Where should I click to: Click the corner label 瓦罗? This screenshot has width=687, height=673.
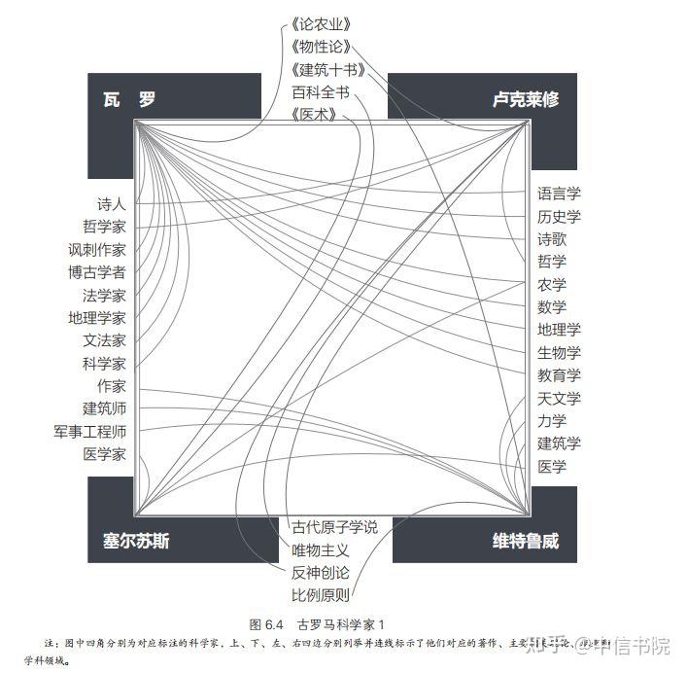tap(129, 99)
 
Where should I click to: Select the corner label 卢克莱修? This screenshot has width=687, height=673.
tap(525, 99)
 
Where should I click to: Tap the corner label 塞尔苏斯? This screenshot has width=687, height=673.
tap(136, 541)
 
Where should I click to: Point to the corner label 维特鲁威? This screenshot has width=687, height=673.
tap(525, 541)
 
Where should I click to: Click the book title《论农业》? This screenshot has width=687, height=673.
tap(320, 24)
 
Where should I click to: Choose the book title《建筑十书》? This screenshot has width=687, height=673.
tap(326, 70)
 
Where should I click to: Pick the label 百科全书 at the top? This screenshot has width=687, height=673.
tap(320, 92)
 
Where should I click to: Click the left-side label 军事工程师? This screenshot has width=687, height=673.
tap(89, 431)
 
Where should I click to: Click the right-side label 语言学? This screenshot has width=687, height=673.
tap(559, 194)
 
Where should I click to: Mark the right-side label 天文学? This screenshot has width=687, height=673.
tap(559, 399)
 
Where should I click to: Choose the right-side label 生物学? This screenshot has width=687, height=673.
tap(559, 353)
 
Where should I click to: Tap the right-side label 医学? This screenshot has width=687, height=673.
tap(552, 467)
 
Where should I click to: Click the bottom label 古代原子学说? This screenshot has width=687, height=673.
tap(334, 527)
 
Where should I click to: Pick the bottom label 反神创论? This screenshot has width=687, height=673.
tap(320, 573)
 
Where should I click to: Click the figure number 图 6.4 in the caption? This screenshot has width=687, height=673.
tap(265, 623)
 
